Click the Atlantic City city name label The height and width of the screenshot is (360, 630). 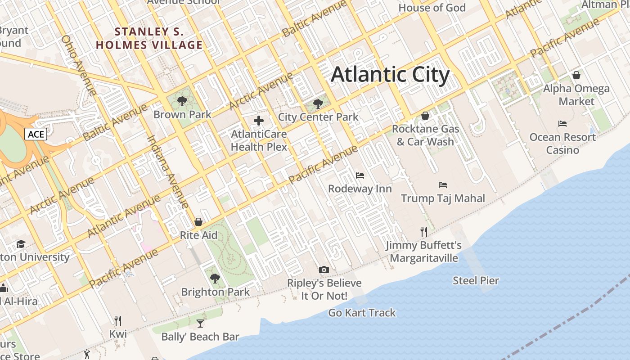[390, 75]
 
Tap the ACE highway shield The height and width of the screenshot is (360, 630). [36, 134]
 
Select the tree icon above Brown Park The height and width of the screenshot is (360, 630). [182, 101]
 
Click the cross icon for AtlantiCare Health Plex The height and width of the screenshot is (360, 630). [259, 121]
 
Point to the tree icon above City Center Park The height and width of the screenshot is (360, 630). [318, 104]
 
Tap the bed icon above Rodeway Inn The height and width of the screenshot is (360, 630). [360, 175]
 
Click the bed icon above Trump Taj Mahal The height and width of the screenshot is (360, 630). [443, 185]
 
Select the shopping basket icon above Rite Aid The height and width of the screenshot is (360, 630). [198, 222]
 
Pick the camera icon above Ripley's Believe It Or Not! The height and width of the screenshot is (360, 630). [324, 270]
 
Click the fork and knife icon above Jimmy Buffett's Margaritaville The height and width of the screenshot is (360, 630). [423, 232]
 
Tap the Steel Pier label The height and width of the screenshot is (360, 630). [476, 281]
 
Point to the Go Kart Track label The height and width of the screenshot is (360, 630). [362, 313]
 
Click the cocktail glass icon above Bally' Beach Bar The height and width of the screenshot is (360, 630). [200, 324]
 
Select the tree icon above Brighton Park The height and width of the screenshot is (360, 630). [215, 279]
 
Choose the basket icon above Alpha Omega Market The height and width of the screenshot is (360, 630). [576, 75]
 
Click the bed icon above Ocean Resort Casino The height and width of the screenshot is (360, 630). [562, 124]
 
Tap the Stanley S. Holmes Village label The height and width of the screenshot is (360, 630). [149, 38]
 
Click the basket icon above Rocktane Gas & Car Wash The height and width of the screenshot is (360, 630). [425, 116]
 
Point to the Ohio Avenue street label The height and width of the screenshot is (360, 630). [79, 65]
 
